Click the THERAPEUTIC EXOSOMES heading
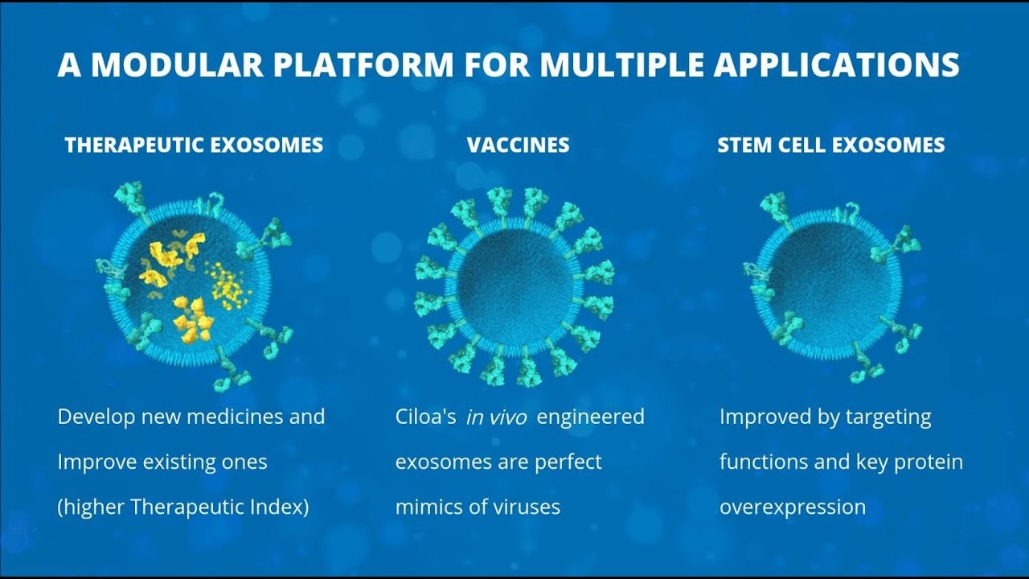click(194, 146)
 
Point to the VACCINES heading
click(518, 146)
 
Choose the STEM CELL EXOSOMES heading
click(830, 146)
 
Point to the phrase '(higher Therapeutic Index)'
click(183, 507)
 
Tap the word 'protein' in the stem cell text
click(927, 462)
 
